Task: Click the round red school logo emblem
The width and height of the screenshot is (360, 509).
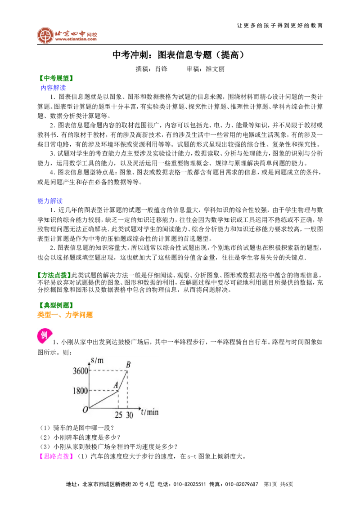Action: pyautogui.click(x=45, y=36)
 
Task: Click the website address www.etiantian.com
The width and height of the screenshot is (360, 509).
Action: pyautogui.click(x=76, y=39)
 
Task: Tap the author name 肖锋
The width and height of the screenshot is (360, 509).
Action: pyautogui.click(x=161, y=69)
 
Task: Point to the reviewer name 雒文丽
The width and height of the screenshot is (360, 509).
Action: pyautogui.click(x=215, y=69)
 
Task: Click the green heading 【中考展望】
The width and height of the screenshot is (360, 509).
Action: pyautogui.click(x=56, y=78)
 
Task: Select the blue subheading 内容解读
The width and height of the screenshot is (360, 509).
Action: pyautogui.click(x=53, y=88)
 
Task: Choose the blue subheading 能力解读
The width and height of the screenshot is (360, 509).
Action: pyautogui.click(x=50, y=201)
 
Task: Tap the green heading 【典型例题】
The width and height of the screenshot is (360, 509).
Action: pyautogui.click(x=56, y=305)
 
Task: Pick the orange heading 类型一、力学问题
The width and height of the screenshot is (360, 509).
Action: pyautogui.click(x=65, y=315)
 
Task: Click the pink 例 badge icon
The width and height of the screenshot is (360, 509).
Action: pyautogui.click(x=45, y=336)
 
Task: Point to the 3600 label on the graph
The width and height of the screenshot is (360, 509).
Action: pyautogui.click(x=80, y=371)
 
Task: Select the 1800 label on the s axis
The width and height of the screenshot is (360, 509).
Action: pyautogui.click(x=80, y=390)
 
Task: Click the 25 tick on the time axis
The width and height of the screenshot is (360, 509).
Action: pyautogui.click(x=119, y=415)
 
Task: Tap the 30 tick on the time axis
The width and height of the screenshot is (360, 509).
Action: pyautogui.click(x=130, y=415)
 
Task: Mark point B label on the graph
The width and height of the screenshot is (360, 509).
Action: pyautogui.click(x=128, y=365)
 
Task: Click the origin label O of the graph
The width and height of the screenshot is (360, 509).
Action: pyautogui.click(x=85, y=410)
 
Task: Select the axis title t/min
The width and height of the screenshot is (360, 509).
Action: pyautogui.click(x=150, y=412)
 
